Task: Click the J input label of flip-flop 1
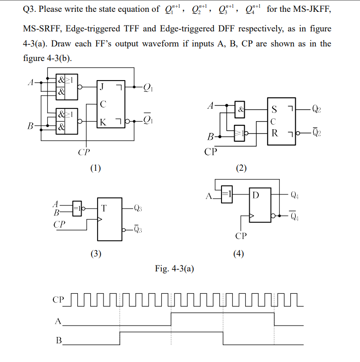tap(103, 86)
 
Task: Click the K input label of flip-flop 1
tap(103, 122)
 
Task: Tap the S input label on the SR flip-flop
tap(274, 110)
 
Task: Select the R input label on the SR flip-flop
tap(274, 133)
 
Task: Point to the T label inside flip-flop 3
tap(104, 208)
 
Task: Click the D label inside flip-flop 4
tap(256, 196)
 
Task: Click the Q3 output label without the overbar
tap(139, 208)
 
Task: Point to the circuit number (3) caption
tap(95, 254)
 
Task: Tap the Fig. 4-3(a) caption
tap(174, 269)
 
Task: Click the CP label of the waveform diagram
tap(59, 300)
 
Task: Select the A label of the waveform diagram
tap(58, 321)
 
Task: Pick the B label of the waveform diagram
tap(58, 340)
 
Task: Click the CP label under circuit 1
tap(83, 152)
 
